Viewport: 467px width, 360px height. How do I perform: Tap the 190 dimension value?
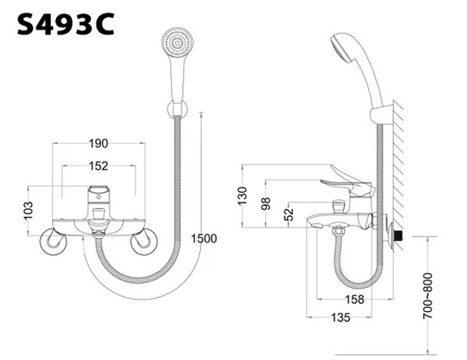[x=97, y=143]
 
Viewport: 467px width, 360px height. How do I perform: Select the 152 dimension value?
[x=97, y=165]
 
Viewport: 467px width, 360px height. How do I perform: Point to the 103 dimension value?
[x=29, y=210]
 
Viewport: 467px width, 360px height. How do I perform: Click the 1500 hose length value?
[x=204, y=239]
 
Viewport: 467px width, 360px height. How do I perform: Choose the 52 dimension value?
[x=289, y=214]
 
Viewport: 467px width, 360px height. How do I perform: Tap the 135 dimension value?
[x=339, y=317]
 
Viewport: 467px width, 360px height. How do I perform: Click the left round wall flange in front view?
[x=54, y=242]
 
